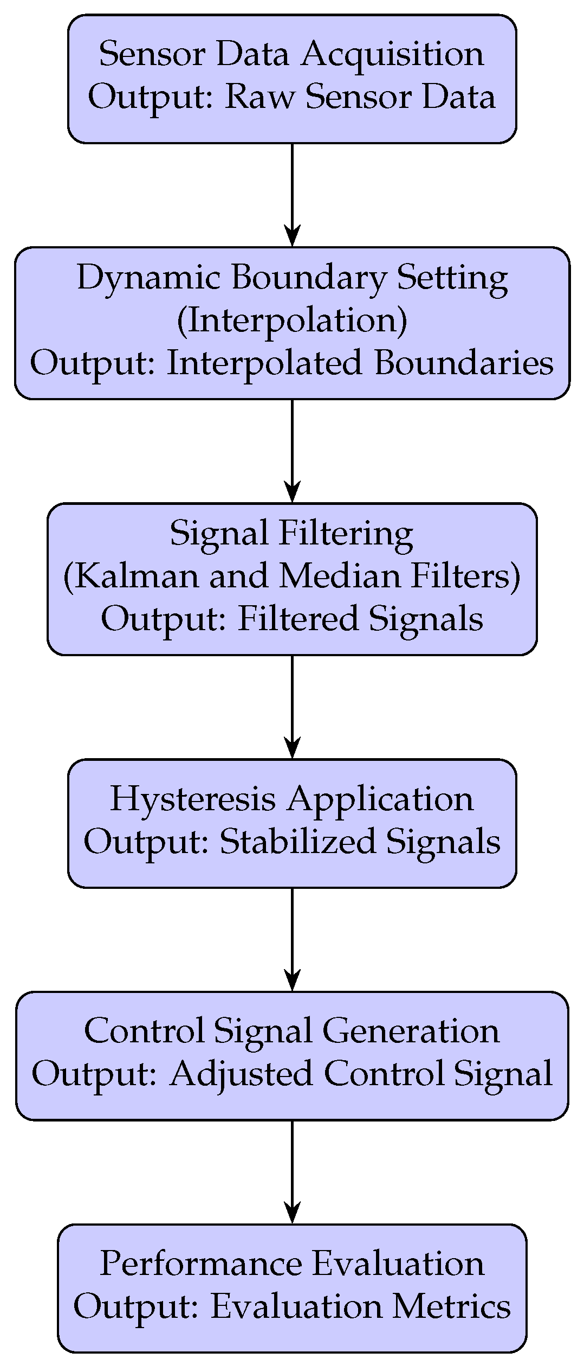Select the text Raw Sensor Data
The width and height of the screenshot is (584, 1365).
click(360, 98)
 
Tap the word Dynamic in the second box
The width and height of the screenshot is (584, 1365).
click(148, 278)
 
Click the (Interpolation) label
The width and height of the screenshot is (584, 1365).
click(292, 321)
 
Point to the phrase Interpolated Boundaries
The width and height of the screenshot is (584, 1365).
click(360, 363)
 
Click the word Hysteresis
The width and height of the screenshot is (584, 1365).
click(193, 799)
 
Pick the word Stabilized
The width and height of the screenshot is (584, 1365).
click(297, 842)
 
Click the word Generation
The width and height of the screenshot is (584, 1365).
click(411, 1031)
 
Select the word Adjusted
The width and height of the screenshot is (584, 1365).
click(241, 1074)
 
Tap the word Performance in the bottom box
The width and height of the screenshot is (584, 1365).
click(200, 1264)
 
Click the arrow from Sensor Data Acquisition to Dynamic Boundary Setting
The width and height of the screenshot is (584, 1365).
click(292, 195)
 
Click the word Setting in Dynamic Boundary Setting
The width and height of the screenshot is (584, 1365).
click(453, 278)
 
